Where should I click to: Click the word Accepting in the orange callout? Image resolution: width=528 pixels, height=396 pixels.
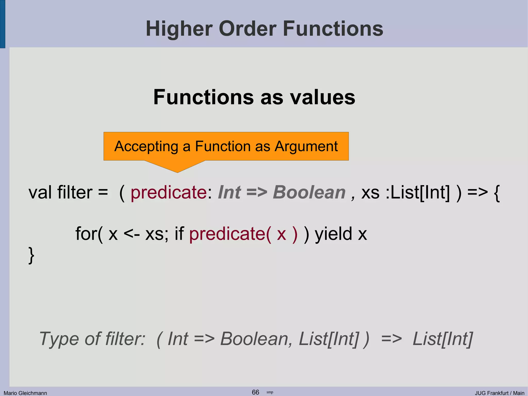pyautogui.click(x=146, y=147)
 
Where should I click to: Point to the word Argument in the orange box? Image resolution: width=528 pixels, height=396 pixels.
pyautogui.click(x=306, y=147)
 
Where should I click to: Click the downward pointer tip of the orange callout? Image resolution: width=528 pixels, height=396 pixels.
pyautogui.click(x=177, y=172)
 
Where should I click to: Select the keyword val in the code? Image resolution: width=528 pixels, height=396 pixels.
pyautogui.click(x=40, y=192)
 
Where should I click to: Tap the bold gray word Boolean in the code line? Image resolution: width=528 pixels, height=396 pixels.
pyautogui.click(x=309, y=192)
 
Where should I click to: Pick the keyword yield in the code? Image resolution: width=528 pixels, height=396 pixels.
pyautogui.click(x=333, y=234)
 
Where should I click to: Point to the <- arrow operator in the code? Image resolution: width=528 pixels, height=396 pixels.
pyautogui.click(x=131, y=234)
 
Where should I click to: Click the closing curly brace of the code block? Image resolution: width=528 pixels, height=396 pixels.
pyautogui.click(x=31, y=255)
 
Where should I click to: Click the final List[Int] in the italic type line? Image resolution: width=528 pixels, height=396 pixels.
pyautogui.click(x=443, y=339)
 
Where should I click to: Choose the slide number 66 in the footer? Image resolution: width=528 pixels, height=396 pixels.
pyautogui.click(x=255, y=392)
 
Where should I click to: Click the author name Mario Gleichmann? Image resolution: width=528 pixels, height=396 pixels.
pyautogui.click(x=25, y=393)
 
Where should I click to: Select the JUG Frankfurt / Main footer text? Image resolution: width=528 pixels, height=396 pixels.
pyautogui.click(x=500, y=393)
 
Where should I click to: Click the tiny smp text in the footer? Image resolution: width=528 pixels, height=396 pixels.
pyautogui.click(x=270, y=392)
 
